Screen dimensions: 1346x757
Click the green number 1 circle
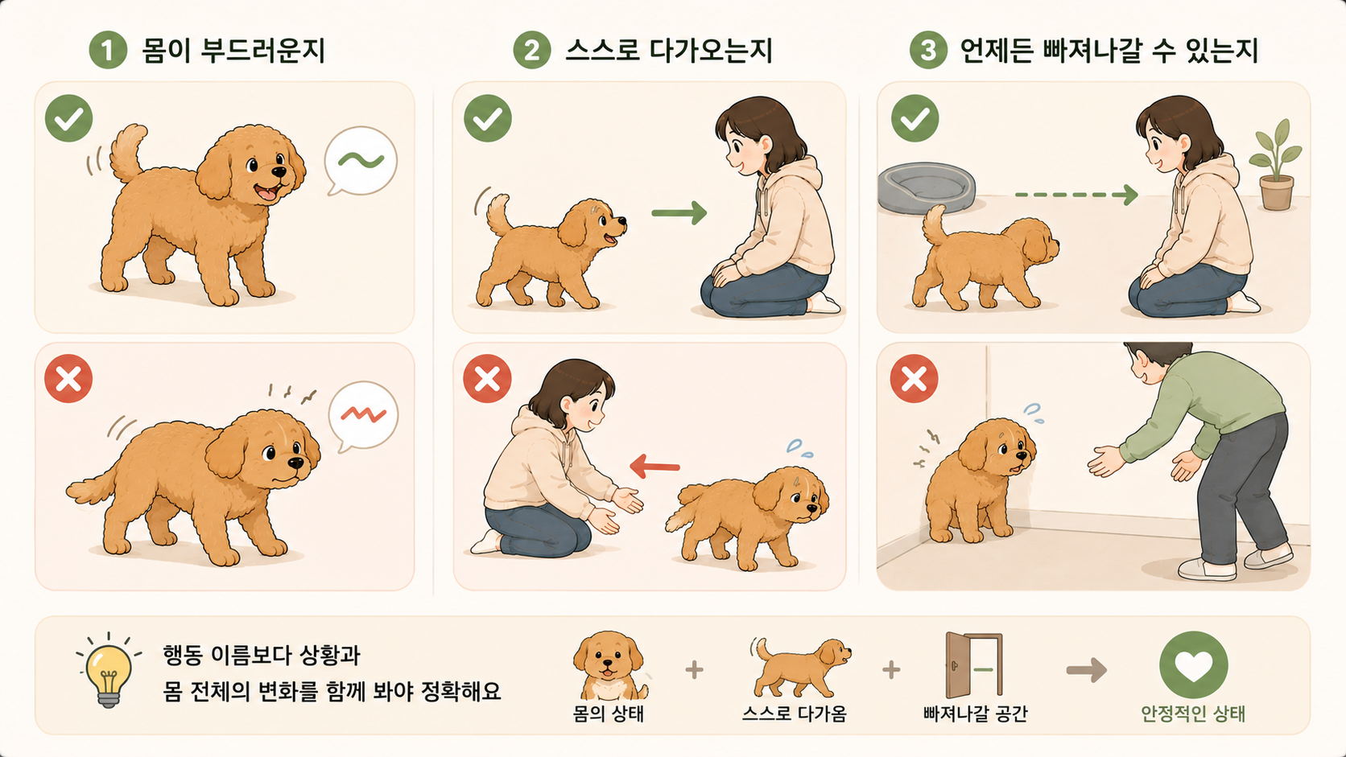(108, 50)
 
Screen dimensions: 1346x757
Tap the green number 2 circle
(532, 50)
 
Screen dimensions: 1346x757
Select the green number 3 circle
(928, 50)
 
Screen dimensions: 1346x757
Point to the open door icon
(974, 664)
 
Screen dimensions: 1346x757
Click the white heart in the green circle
(1193, 664)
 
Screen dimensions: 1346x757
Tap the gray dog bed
(926, 188)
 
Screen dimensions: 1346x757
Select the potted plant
(1276, 164)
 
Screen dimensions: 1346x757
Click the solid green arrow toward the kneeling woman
(679, 212)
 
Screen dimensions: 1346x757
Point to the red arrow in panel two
(655, 467)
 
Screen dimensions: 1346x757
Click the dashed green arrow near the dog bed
(1076, 195)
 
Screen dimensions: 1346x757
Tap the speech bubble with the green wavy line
(360, 160)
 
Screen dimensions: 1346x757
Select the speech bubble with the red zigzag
(363, 416)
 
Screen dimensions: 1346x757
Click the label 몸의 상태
(608, 714)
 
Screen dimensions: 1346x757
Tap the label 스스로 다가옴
(794, 714)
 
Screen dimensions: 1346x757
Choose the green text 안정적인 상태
(1193, 714)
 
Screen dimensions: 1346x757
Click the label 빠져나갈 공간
(975, 714)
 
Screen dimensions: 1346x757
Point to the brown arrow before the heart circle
(1087, 670)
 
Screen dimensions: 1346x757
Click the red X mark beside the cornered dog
(914, 378)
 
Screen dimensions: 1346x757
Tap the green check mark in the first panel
(68, 117)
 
